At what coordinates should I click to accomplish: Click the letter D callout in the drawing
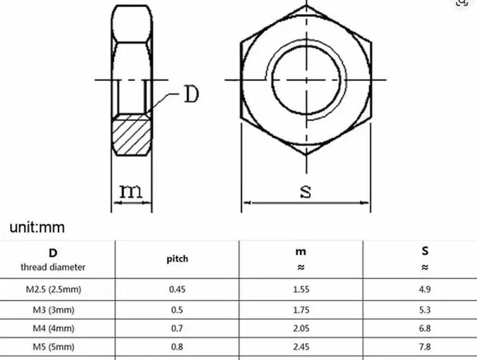(190, 94)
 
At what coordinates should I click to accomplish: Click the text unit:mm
(37, 227)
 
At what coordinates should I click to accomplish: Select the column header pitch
(176, 259)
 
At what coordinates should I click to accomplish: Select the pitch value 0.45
(176, 290)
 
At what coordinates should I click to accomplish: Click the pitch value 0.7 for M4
(176, 328)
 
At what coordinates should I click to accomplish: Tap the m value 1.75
(301, 309)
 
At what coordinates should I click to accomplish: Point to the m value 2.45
(301, 346)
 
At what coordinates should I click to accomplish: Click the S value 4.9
(425, 290)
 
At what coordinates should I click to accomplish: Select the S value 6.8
(425, 328)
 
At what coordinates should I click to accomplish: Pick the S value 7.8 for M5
(425, 346)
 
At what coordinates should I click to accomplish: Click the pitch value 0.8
(176, 346)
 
